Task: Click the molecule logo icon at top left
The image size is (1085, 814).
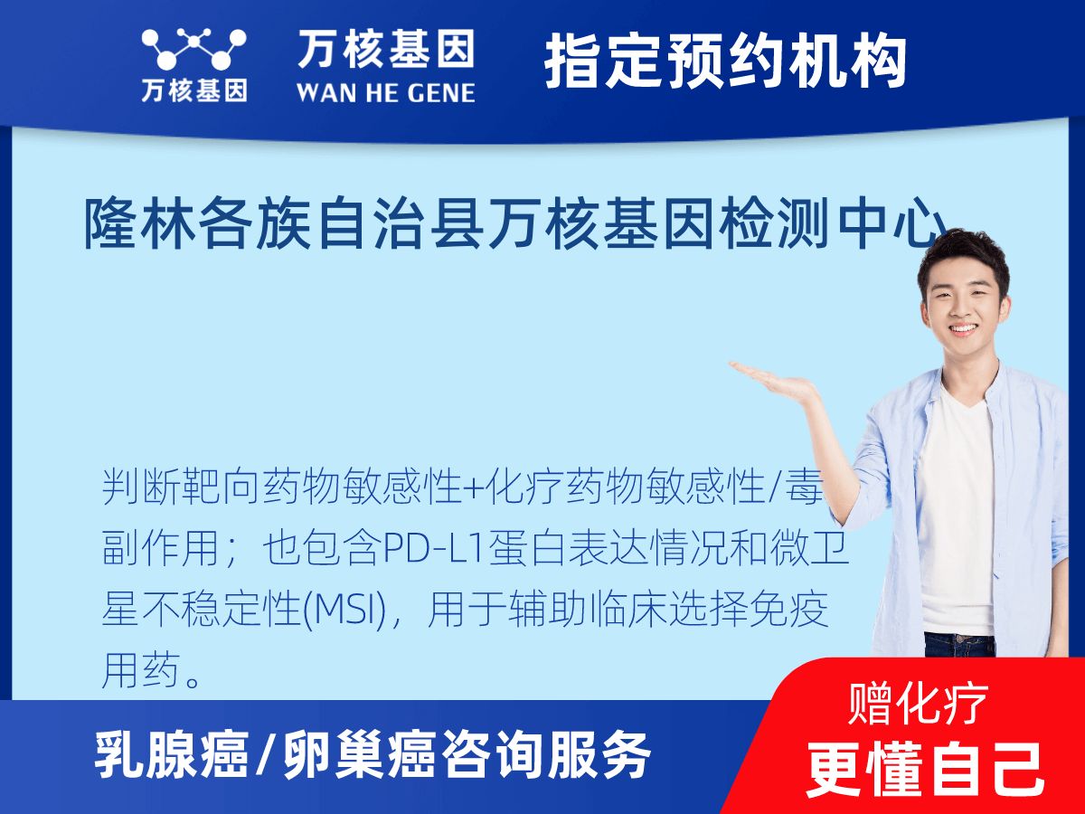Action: [193, 50]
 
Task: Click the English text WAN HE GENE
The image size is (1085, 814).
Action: [386, 92]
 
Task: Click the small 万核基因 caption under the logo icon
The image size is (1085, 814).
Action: [193, 90]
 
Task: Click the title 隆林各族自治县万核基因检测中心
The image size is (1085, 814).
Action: [515, 224]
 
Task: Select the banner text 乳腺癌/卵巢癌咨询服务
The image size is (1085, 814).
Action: [373, 755]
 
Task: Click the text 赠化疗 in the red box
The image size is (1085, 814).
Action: [918, 705]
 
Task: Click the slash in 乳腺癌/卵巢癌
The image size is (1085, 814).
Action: [264, 755]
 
